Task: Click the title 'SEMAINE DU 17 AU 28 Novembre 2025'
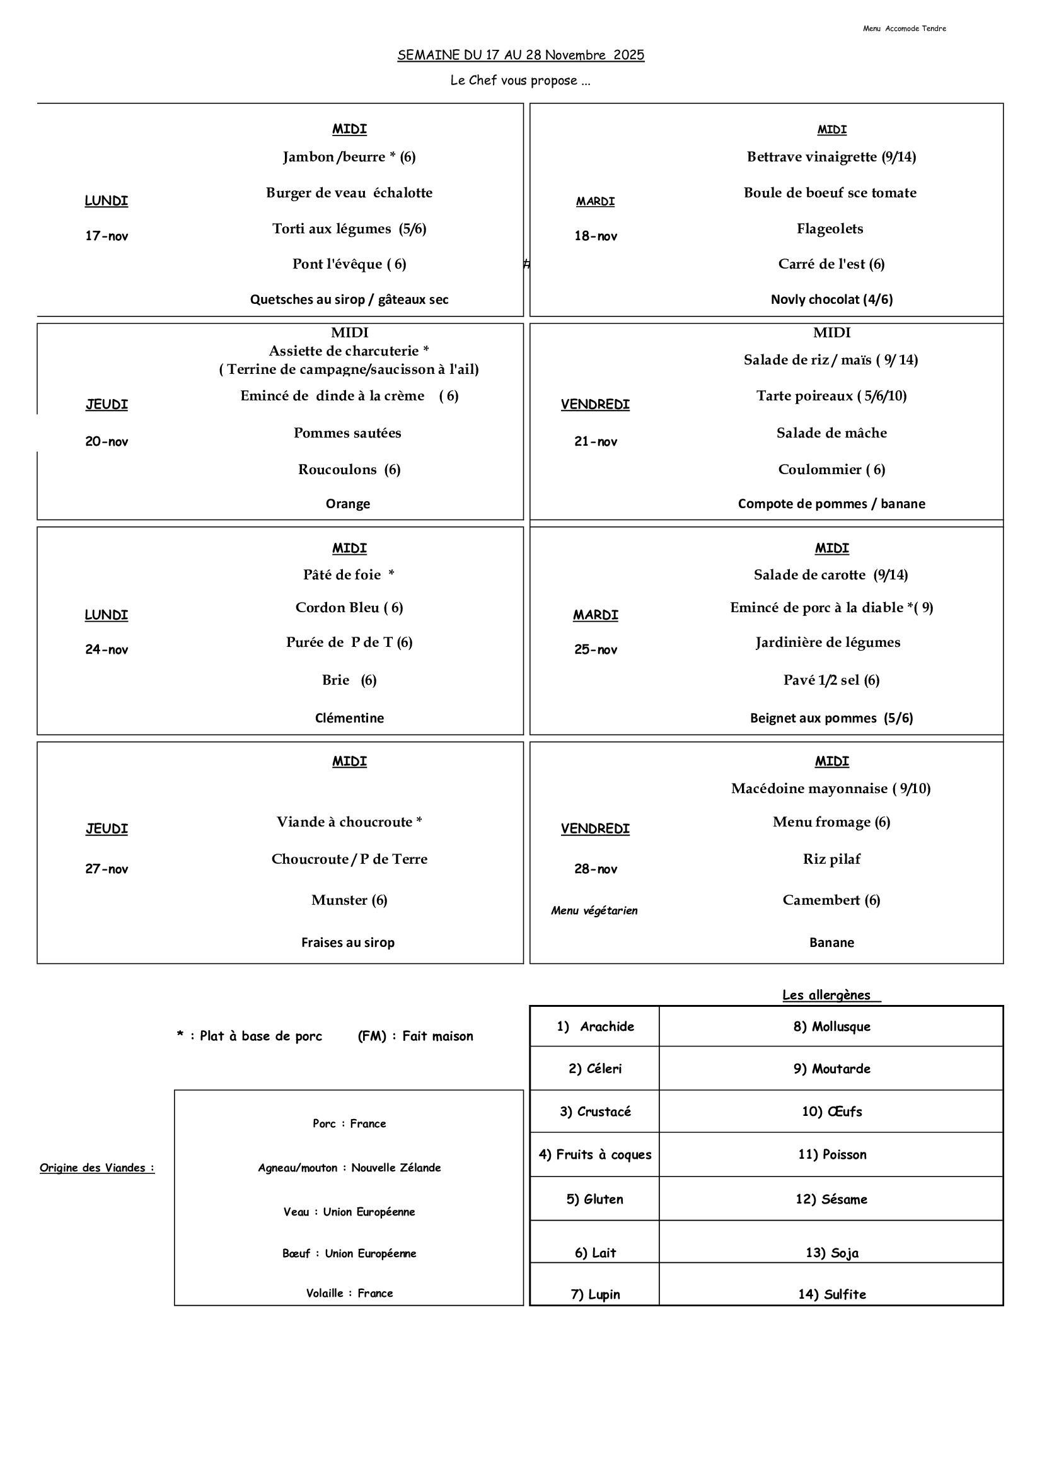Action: pos(521,55)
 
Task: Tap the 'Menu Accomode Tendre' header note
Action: pos(904,28)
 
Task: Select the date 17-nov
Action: pos(107,236)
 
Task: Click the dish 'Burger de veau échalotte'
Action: pos(349,192)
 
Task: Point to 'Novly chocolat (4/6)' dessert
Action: pos(831,299)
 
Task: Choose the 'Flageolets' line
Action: pos(830,229)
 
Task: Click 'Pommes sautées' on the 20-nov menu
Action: pos(347,432)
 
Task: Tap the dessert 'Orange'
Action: pos(347,503)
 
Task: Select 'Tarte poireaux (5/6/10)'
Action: pos(831,395)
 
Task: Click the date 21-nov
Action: pos(595,442)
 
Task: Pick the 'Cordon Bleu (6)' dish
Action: pos(349,607)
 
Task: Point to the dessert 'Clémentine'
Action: pos(349,717)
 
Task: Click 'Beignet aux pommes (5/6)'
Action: pos(831,717)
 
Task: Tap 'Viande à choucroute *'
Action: pos(349,821)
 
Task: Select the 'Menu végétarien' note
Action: pos(594,910)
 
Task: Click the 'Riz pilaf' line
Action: pos(831,859)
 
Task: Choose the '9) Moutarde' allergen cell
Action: pos(831,1068)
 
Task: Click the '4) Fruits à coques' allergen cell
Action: pos(594,1154)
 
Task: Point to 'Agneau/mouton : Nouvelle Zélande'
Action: pos(349,1168)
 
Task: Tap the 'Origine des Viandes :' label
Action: pos(97,1168)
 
